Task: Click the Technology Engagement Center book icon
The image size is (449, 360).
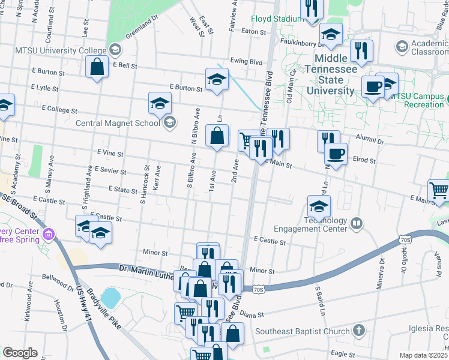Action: [357, 224]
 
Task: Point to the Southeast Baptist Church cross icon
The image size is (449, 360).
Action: [358, 331]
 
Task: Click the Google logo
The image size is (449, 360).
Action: [19, 353]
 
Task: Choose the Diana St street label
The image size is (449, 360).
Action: [252, 313]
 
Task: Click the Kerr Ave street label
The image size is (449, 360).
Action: [157, 178]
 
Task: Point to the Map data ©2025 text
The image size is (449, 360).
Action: [424, 355]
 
